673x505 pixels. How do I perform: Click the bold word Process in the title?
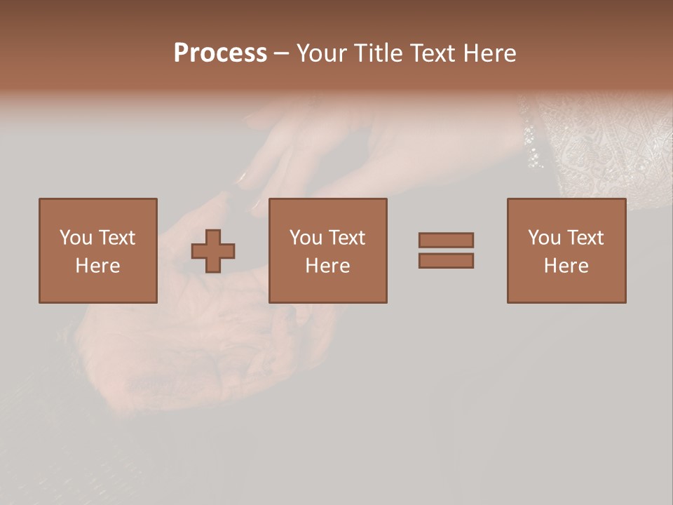pyautogui.click(x=220, y=53)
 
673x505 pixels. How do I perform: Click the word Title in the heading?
pyautogui.click(x=377, y=53)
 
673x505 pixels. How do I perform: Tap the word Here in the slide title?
pyautogui.click(x=489, y=53)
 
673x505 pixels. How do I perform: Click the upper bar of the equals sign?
pyautogui.click(x=446, y=240)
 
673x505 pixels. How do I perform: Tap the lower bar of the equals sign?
pyautogui.click(x=446, y=260)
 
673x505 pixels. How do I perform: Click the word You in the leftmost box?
pyautogui.click(x=76, y=238)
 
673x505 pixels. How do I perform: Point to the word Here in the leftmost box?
pyautogui.click(x=97, y=266)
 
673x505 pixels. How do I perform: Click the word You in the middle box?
pyautogui.click(x=306, y=238)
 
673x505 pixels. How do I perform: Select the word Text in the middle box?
pyautogui.click(x=346, y=238)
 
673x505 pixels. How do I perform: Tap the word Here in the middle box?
pyautogui.click(x=327, y=266)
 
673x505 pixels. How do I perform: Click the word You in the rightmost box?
pyautogui.click(x=544, y=238)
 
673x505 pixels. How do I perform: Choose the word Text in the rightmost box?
pyautogui.click(x=585, y=238)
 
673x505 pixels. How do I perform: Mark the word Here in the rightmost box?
pyautogui.click(x=566, y=266)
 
